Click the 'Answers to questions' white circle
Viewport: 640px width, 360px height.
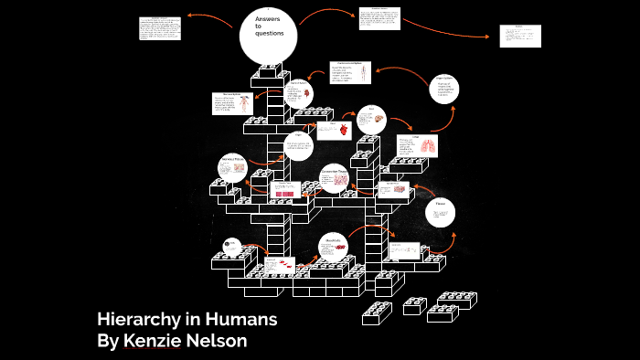pyautogui.click(x=269, y=36)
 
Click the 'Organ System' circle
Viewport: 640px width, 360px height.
pyautogui.click(x=445, y=89)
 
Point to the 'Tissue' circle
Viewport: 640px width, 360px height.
pyautogui.click(x=441, y=213)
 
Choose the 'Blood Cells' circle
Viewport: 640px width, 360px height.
pyautogui.click(x=335, y=247)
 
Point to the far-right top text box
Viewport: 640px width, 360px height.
pyautogui.click(x=519, y=36)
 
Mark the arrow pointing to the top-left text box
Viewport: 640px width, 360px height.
pyautogui.click(x=210, y=16)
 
